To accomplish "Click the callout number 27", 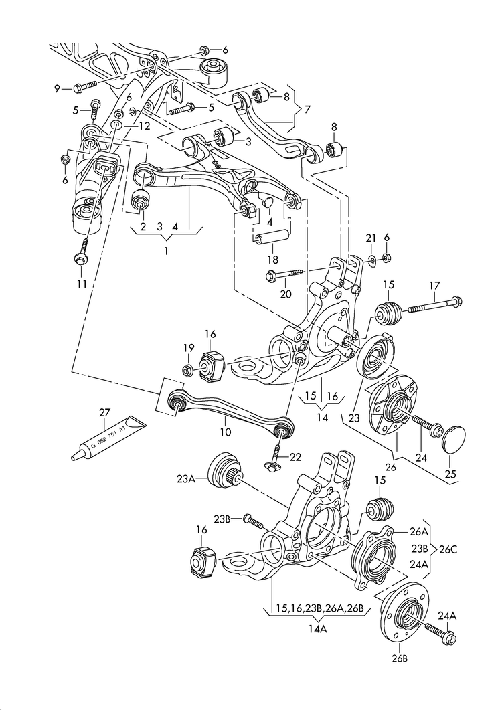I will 104,412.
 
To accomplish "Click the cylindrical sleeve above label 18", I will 272,236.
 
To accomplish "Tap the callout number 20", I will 286,293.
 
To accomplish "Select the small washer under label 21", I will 371,258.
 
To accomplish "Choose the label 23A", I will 187,479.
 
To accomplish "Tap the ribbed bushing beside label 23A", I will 225,473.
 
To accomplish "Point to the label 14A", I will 319,629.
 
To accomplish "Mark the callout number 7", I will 307,109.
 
